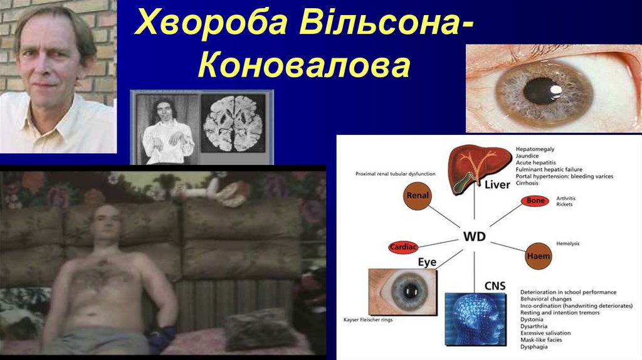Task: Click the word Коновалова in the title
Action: pos(303,65)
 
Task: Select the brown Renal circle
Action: pos(418,196)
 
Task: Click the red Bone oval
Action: pos(535,201)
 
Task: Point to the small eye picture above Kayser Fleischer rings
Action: pos(402,290)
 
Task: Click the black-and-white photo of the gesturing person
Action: pos(165,129)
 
